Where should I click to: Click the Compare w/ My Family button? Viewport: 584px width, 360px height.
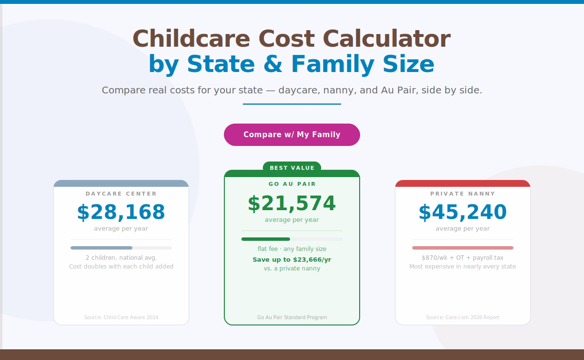(292, 135)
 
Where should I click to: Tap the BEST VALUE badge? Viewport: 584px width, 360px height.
(292, 168)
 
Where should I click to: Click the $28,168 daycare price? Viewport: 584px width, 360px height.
(121, 213)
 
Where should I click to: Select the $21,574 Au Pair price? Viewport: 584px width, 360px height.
(292, 204)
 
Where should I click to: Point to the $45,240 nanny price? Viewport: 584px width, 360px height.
(463, 213)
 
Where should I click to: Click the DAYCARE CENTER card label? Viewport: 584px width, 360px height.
(121, 194)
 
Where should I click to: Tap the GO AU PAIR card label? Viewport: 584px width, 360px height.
(292, 184)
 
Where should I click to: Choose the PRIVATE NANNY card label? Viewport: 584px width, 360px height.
(463, 194)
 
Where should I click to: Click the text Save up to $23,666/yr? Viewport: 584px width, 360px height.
(292, 260)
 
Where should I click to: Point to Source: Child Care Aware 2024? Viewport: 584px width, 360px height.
(121, 317)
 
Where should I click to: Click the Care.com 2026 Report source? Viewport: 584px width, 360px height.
(463, 317)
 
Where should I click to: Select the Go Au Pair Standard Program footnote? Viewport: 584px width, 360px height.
(292, 317)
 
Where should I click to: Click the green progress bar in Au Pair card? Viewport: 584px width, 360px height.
(266, 239)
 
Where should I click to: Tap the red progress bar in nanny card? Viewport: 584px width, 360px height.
(463, 248)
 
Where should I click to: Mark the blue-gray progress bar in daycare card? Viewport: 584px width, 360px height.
(102, 248)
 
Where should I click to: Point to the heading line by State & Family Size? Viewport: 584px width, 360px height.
(292, 64)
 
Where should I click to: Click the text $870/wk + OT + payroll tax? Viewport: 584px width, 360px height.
(463, 258)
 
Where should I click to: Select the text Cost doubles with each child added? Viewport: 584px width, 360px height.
(121, 267)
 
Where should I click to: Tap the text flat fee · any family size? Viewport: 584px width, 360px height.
(292, 249)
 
